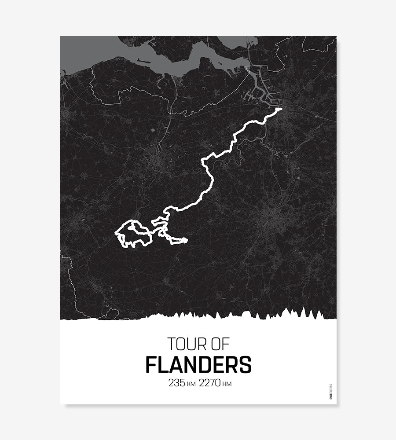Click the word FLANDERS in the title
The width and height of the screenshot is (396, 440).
(x=198, y=365)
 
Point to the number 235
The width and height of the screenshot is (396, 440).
(x=177, y=383)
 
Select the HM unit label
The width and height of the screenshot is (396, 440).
(x=227, y=384)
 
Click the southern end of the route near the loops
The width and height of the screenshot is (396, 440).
(x=186, y=240)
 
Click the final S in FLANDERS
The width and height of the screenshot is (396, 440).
(x=245, y=365)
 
